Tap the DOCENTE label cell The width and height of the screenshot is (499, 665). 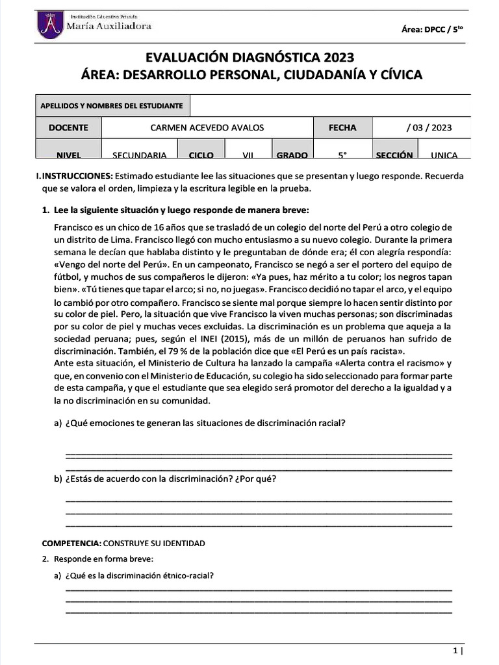pyautogui.click(x=68, y=128)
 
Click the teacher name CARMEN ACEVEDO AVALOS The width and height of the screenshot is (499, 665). pyautogui.click(x=207, y=128)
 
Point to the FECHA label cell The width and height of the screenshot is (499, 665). pyautogui.click(x=342, y=128)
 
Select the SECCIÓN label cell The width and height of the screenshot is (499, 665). pyautogui.click(x=394, y=155)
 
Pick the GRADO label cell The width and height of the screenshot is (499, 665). pyautogui.click(x=292, y=155)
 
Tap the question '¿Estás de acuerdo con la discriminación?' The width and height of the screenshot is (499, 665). pyautogui.click(x=171, y=479)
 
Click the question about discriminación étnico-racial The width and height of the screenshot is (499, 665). pyautogui.click(x=140, y=575)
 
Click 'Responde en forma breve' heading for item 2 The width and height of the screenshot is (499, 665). pyautogui.click(x=103, y=558)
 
